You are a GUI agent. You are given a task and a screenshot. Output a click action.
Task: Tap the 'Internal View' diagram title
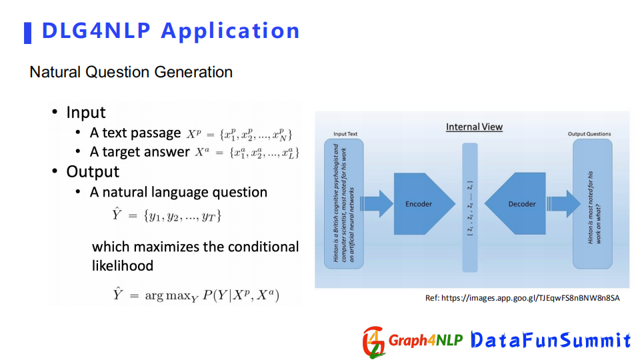click(474, 127)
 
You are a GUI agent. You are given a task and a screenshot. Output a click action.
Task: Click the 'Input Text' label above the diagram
click(345, 134)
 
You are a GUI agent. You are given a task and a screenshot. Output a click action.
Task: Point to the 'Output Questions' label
click(589, 134)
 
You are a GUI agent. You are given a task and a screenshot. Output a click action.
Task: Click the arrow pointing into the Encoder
click(376, 204)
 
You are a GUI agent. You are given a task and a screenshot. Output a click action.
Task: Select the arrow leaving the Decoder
click(564, 204)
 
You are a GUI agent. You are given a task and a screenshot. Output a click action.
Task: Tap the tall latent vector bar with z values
click(470, 207)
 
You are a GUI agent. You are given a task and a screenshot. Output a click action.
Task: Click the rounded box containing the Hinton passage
click(344, 204)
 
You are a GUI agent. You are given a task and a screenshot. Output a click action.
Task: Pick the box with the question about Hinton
click(592, 204)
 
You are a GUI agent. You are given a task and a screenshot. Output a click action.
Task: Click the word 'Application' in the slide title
click(230, 31)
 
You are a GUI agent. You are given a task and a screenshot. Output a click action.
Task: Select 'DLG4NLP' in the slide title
click(96, 31)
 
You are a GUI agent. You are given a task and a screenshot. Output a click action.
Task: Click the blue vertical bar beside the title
click(28, 33)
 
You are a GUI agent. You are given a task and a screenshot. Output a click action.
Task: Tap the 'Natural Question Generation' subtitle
click(131, 72)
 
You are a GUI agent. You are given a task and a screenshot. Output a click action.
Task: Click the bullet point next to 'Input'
click(55, 112)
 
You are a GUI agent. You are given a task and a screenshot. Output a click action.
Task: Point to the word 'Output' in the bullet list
click(93, 172)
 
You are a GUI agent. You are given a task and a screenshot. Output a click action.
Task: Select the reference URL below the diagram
click(523, 298)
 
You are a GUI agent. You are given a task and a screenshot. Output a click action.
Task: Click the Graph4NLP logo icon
click(374, 342)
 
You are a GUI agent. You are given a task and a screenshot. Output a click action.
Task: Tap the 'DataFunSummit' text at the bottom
click(551, 340)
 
